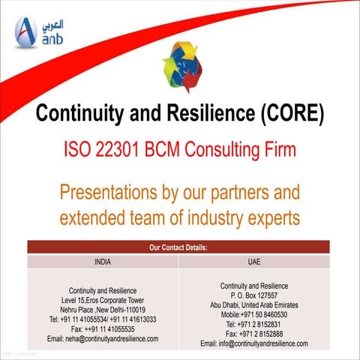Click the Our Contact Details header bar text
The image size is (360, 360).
coord(180,246)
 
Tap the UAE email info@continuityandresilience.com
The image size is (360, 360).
coord(253,343)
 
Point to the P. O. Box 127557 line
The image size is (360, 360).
coord(253,295)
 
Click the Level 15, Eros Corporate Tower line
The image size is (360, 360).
coord(103,300)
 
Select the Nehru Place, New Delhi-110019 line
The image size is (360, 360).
coord(103,310)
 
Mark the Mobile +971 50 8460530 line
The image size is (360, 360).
coord(253,315)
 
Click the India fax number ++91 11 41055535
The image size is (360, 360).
coord(103,328)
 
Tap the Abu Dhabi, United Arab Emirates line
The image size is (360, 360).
coord(253,305)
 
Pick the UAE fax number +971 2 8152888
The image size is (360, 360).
coord(253,334)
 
